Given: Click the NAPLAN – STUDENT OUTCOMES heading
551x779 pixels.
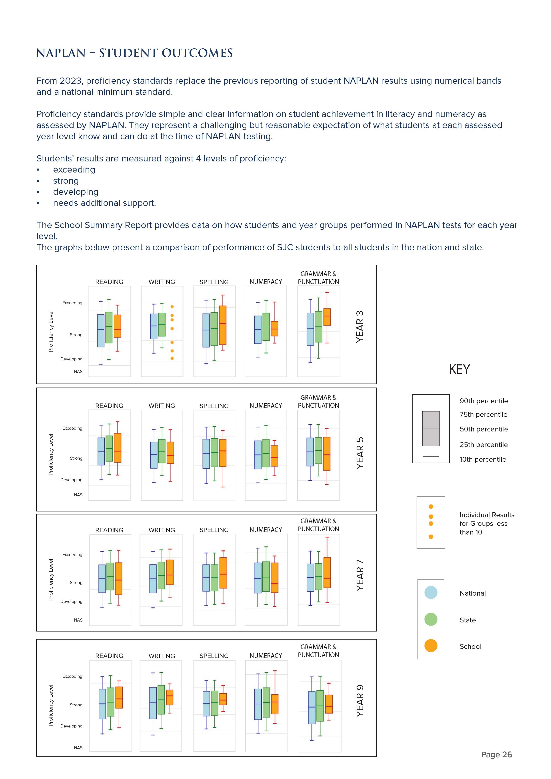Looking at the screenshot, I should [x=134, y=53].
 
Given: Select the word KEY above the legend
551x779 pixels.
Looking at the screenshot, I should [x=459, y=369].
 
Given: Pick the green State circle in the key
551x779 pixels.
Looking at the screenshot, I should [x=431, y=619].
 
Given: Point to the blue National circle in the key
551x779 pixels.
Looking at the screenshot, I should [x=431, y=592].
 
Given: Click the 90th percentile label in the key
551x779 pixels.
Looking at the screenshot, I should [x=483, y=401].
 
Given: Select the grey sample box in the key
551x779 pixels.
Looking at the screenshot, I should [x=431, y=429].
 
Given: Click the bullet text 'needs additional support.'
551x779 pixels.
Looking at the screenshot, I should [x=104, y=203].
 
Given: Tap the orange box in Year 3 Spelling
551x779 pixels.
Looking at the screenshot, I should [x=223, y=325].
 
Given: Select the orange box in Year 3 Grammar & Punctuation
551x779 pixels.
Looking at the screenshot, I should [x=327, y=317].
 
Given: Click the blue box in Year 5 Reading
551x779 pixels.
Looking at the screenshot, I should [x=101, y=451].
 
